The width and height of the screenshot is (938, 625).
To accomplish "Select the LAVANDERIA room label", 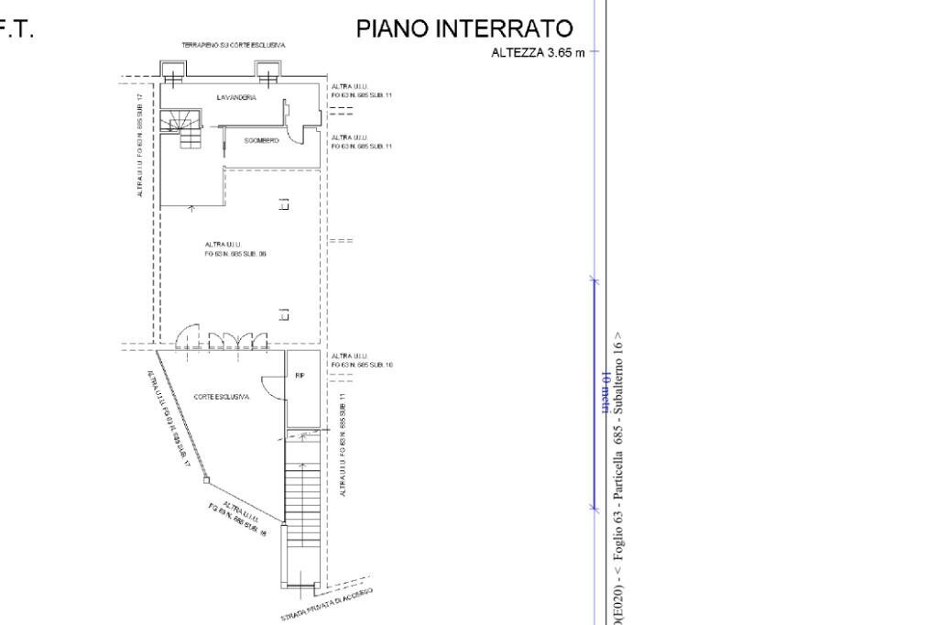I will [236, 96].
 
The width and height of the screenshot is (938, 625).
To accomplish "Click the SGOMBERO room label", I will [261, 140].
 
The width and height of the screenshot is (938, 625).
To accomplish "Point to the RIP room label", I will [300, 375].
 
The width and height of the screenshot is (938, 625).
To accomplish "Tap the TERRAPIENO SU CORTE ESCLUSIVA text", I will [234, 45].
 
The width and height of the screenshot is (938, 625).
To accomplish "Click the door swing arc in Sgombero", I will [295, 136].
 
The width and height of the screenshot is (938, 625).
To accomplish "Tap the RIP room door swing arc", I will [272, 388].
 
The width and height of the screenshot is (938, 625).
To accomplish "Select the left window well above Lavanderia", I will [172, 71].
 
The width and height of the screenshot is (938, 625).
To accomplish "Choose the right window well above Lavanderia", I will [267, 71].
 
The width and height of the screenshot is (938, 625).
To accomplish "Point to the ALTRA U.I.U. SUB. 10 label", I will [361, 360].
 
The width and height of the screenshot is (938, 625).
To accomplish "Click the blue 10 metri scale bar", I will [593, 394].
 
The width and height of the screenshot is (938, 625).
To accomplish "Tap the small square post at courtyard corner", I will [207, 478].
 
